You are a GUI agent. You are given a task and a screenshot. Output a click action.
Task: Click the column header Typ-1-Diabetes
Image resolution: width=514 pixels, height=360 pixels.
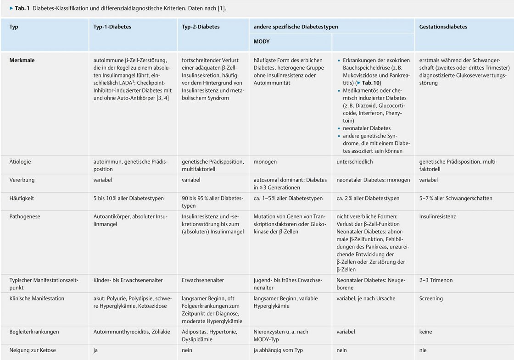click(x=112, y=27)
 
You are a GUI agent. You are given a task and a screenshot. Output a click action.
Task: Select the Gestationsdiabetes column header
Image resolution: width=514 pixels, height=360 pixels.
click(x=443, y=27)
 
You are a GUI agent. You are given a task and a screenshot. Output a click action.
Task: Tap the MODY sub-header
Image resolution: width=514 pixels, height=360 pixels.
click(x=262, y=42)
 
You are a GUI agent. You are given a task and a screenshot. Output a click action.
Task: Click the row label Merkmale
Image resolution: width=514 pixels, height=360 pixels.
click(x=22, y=60)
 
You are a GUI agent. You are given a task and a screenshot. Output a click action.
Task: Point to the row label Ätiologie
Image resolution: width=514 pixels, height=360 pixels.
click(x=20, y=162)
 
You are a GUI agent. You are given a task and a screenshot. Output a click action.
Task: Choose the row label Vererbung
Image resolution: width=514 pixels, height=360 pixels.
click(x=22, y=180)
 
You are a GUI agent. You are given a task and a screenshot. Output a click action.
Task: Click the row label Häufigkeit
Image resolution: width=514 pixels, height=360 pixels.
click(x=22, y=199)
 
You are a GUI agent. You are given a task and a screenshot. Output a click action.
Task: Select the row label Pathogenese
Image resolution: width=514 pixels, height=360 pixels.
click(x=25, y=216)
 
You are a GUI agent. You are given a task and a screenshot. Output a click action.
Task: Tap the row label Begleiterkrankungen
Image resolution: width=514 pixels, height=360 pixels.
click(x=34, y=332)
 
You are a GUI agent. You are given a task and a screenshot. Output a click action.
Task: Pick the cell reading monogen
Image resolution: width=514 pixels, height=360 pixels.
click(x=265, y=162)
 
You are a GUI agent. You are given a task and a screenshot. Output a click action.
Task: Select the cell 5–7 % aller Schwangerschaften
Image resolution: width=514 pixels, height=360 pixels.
click(x=455, y=199)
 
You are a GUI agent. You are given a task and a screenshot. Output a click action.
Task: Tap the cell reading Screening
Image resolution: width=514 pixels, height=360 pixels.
click(x=431, y=299)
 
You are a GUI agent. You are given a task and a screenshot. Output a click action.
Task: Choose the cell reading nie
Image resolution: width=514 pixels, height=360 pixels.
click(x=423, y=350)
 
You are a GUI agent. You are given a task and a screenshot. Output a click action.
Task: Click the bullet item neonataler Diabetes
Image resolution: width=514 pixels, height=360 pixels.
click(x=367, y=128)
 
